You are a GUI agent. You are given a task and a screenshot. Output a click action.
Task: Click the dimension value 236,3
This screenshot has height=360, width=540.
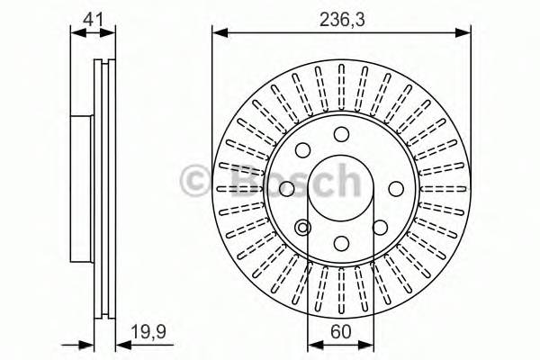click(x=341, y=17)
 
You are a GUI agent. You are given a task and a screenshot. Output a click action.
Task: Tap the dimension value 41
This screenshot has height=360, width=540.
click(x=93, y=17)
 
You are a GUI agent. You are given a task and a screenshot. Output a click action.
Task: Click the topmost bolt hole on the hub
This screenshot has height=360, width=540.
click(x=341, y=134)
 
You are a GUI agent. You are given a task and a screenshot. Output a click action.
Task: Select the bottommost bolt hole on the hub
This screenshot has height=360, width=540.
click(x=341, y=242)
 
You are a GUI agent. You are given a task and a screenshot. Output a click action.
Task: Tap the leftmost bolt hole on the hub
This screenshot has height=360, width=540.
click(x=287, y=188)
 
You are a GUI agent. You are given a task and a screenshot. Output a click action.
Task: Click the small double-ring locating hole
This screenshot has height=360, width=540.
click(x=303, y=226)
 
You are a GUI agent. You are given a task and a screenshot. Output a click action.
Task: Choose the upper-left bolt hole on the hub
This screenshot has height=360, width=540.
click(x=303, y=150)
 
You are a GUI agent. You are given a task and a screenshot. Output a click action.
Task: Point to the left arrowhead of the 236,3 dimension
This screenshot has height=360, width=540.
click(x=217, y=34)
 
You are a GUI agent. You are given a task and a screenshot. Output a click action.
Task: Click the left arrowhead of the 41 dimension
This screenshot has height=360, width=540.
click(x=75, y=34)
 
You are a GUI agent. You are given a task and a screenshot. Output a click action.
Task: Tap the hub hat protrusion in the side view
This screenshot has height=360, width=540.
click(x=81, y=188)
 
